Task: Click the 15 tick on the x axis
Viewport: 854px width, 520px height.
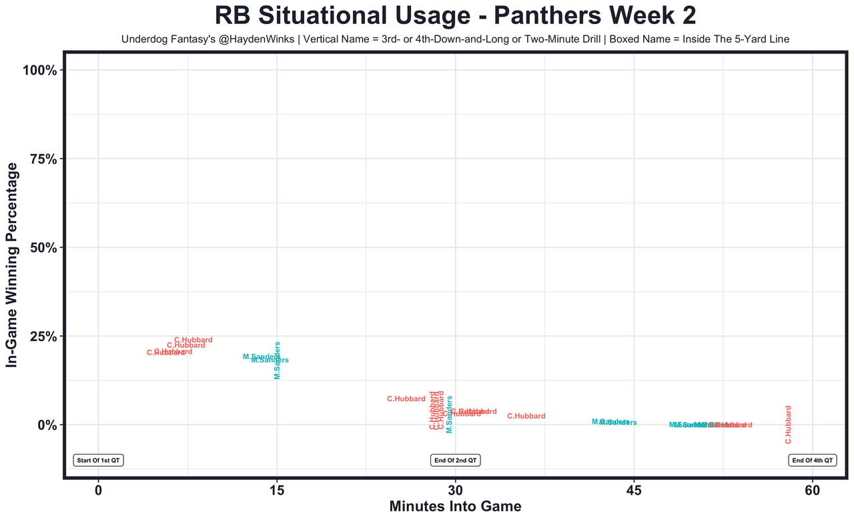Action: point(277,489)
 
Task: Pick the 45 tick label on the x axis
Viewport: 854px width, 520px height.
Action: point(634,489)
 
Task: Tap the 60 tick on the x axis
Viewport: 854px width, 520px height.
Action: point(813,489)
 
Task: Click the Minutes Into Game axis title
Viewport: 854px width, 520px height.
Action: point(455,507)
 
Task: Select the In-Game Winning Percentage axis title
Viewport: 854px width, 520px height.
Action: point(12,265)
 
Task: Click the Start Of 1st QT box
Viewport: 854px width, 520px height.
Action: point(99,461)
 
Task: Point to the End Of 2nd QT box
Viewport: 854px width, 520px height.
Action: point(456,461)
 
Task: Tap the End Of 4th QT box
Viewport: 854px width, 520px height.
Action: point(813,461)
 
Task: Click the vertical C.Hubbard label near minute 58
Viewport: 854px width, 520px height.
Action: point(788,425)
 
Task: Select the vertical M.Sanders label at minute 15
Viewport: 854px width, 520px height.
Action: point(278,360)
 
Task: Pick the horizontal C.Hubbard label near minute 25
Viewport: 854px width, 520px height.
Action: point(406,399)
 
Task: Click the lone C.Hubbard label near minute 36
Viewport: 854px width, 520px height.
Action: point(526,417)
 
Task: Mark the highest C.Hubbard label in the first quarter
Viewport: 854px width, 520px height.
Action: point(193,340)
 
